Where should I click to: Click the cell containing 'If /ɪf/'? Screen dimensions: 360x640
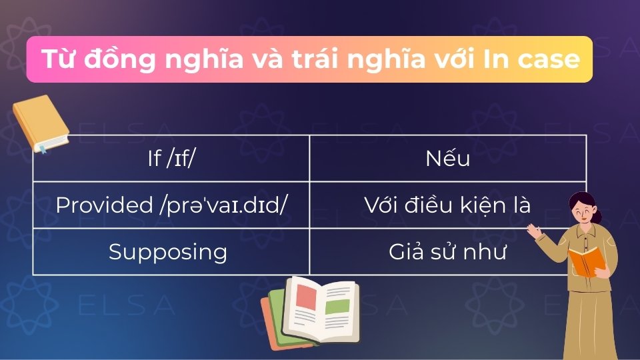point(171,159)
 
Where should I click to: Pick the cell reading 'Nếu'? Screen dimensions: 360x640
point(447,159)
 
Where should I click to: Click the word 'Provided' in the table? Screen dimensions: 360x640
point(104,205)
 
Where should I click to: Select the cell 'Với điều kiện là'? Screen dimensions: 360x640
point(447,205)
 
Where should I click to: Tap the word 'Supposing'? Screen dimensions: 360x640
point(168,252)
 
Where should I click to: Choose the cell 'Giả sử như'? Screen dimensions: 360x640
point(447,252)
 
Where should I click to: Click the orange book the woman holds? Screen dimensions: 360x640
point(587,261)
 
